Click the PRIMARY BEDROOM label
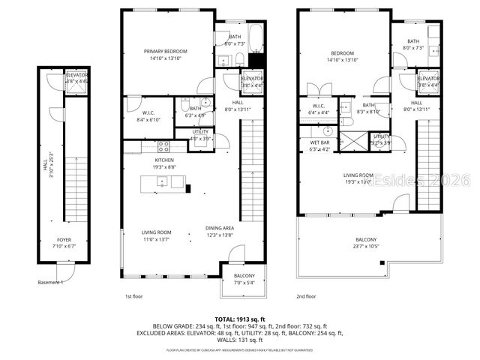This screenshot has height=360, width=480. click(166, 51)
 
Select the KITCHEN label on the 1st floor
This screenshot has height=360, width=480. click(164, 160)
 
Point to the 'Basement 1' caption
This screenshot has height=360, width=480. click(50, 283)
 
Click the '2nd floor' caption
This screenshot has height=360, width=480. click(306, 296)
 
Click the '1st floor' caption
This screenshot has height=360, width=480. click(133, 296)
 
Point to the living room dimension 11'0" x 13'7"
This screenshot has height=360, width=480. click(157, 239)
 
